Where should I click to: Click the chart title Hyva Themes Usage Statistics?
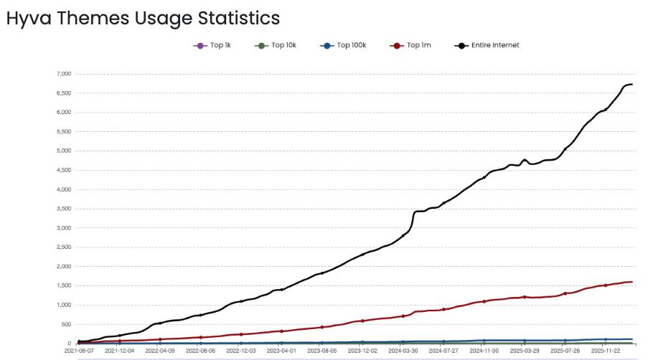[143, 18]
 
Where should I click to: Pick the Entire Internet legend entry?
[487, 45]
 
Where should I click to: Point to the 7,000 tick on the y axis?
[63, 74]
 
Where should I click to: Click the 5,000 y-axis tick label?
[63, 151]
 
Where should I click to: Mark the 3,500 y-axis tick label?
[63, 209]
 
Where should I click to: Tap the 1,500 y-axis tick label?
[63, 285]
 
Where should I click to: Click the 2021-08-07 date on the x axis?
[79, 351]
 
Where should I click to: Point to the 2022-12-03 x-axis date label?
[241, 351]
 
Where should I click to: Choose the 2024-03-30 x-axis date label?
[403, 351]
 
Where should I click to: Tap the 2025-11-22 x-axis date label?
[606, 351]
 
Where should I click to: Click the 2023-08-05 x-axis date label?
[322, 351]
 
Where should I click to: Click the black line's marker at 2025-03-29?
[525, 160]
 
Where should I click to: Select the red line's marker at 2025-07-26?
[565, 293]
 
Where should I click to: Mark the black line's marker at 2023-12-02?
[362, 255]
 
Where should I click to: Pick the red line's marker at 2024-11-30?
[484, 301]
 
